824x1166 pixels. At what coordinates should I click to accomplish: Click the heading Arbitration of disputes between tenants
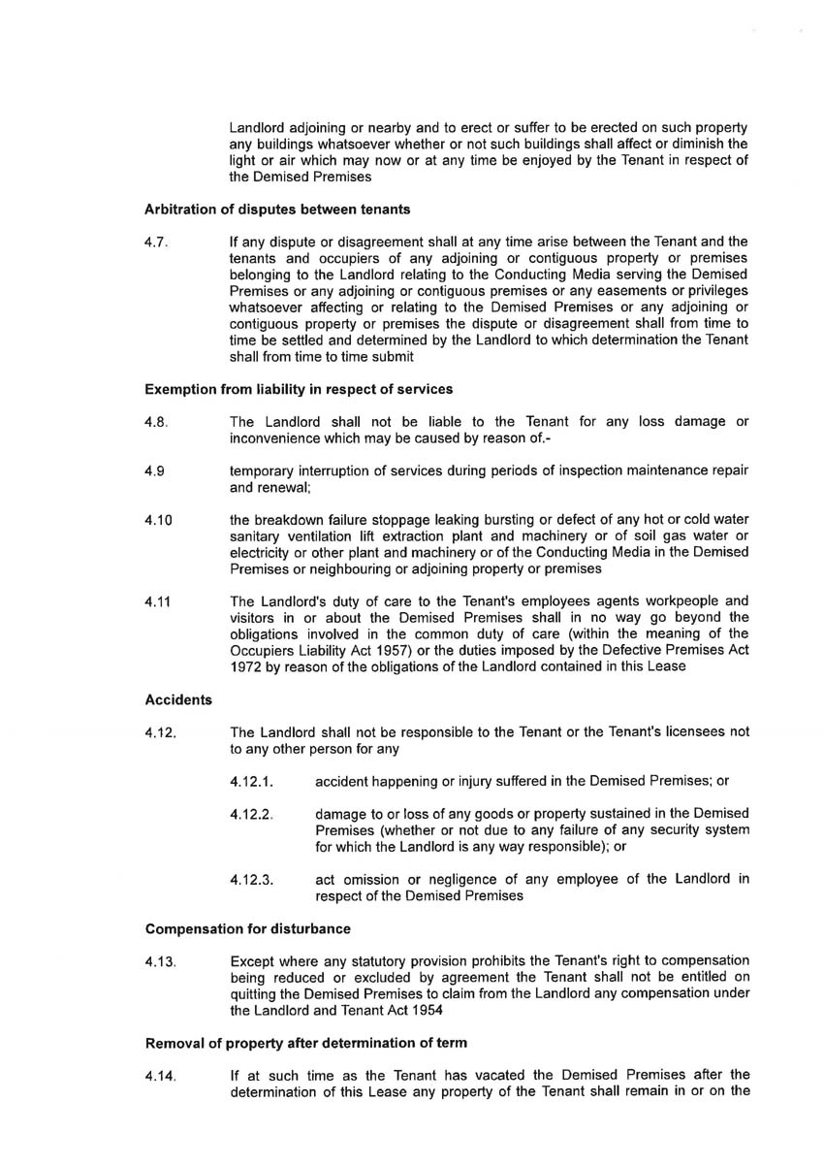coord(264,209)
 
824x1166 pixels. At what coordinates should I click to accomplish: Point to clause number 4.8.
coord(157,422)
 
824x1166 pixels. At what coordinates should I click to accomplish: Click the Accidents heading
coord(178,698)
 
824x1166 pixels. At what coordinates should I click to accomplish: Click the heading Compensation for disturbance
coord(247,929)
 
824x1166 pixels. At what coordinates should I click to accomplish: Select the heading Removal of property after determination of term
coord(305,1043)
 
